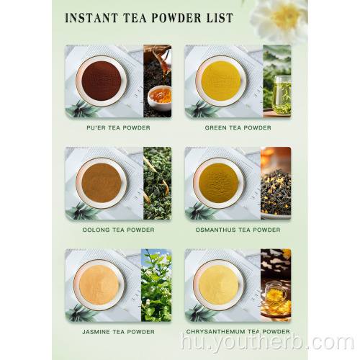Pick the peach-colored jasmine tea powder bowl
click(101, 285)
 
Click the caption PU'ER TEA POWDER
click(118, 127)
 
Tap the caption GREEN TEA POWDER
click(238, 127)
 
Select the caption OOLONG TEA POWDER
click(118, 230)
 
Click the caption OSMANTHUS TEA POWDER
click(238, 230)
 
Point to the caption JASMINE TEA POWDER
click(118, 331)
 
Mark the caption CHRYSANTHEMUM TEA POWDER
click(238, 331)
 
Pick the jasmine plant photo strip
click(157, 285)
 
